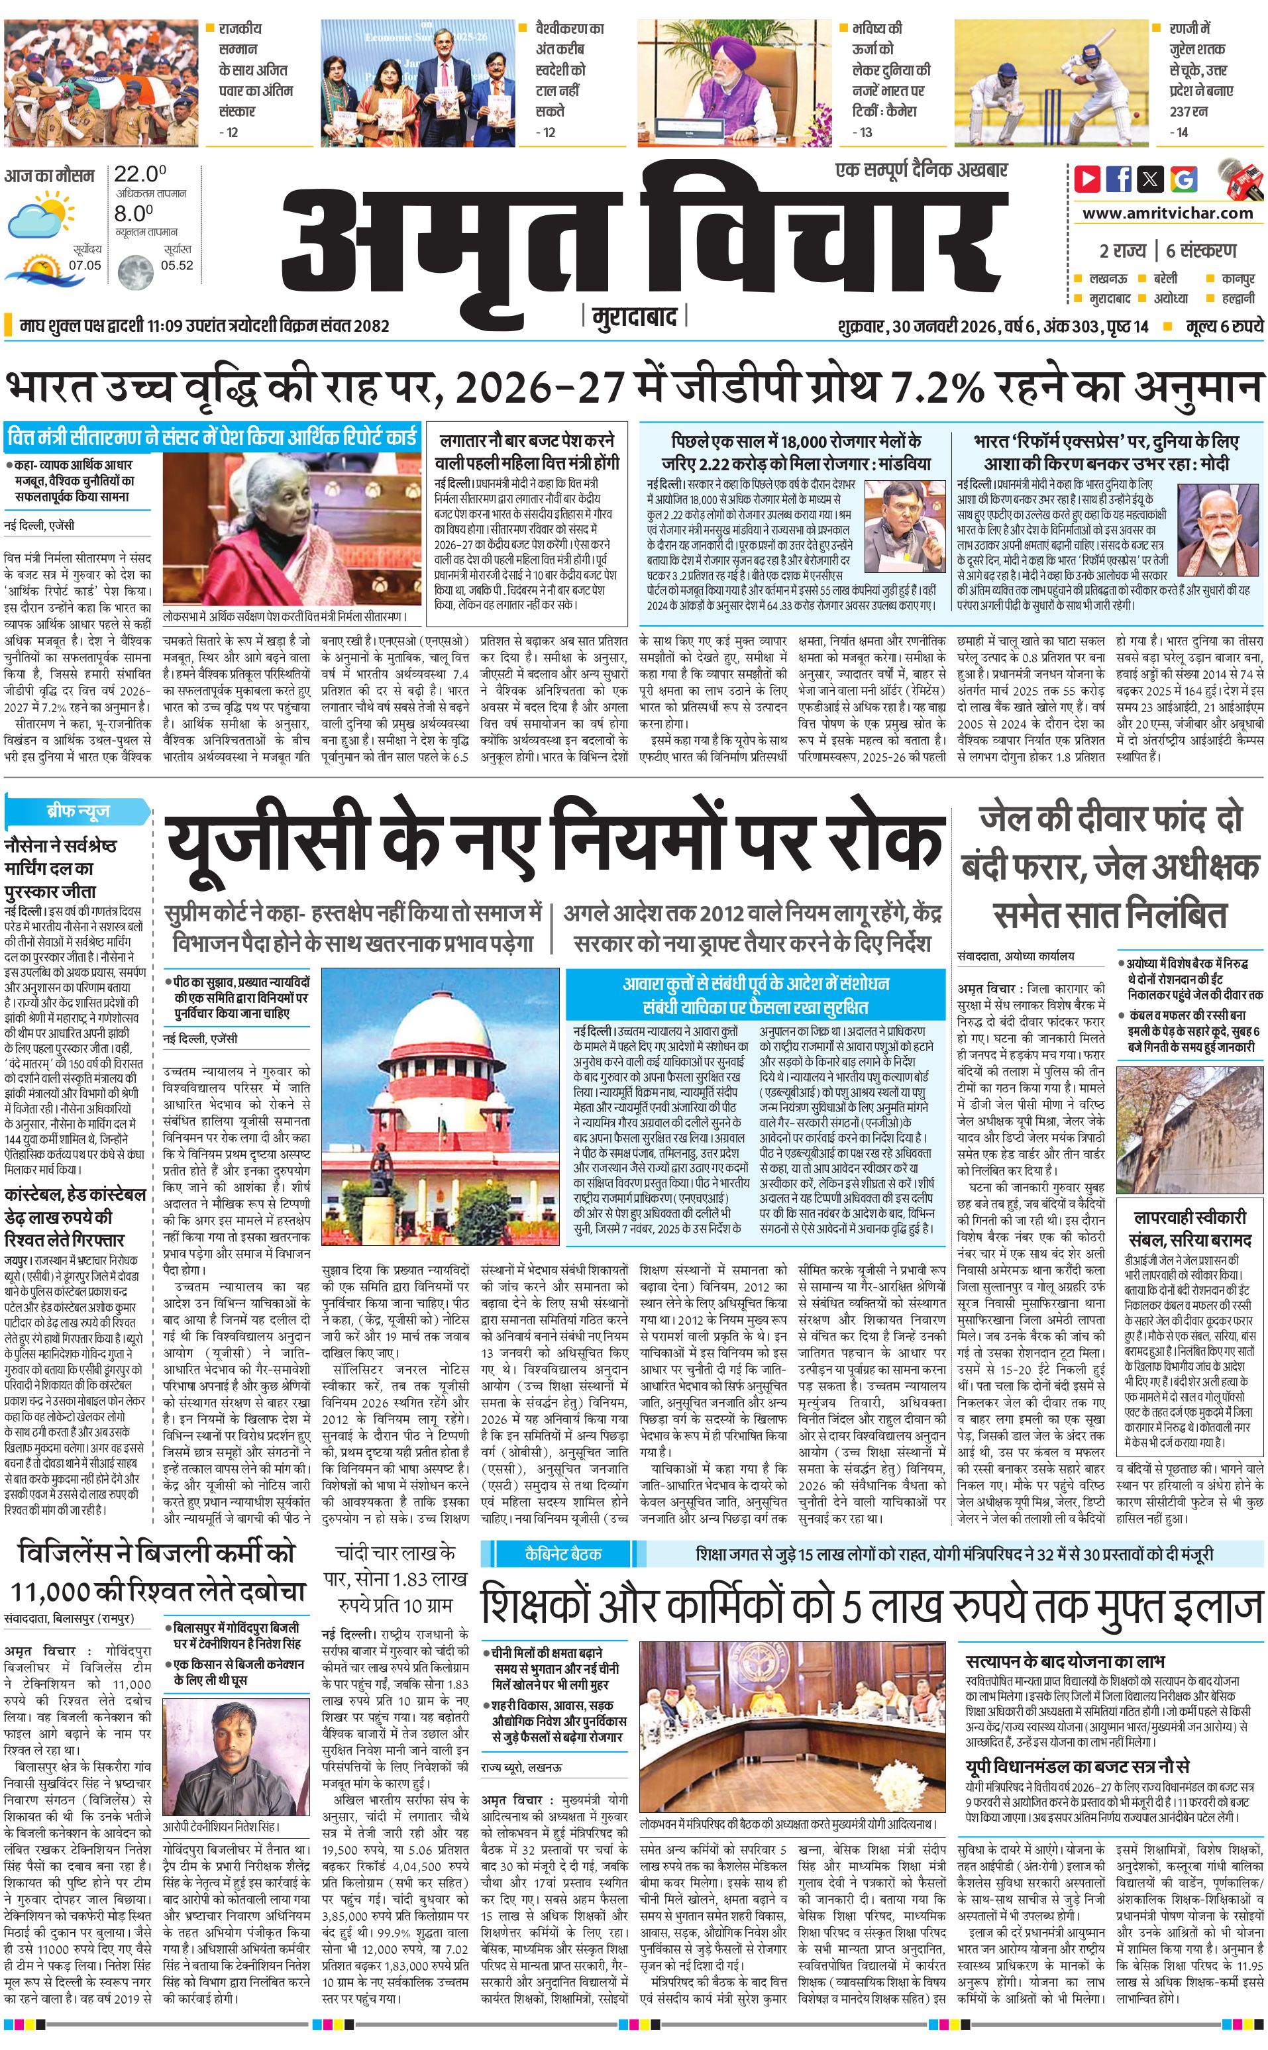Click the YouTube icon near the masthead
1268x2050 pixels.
(x=1088, y=179)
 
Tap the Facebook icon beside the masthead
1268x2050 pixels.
(x=1119, y=179)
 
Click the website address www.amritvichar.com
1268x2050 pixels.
(x=1167, y=213)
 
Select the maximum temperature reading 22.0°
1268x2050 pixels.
(x=139, y=174)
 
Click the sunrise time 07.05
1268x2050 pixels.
(x=85, y=265)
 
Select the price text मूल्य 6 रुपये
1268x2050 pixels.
(x=1224, y=326)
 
